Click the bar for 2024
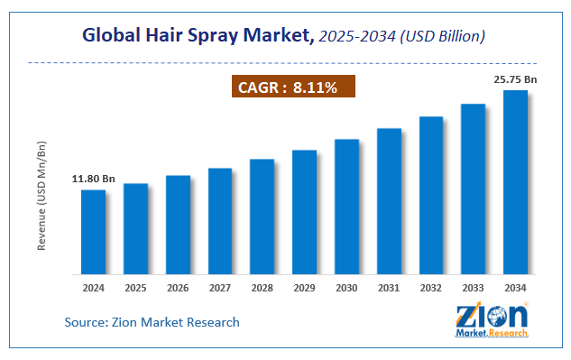pyautogui.click(x=93, y=232)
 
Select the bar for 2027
pyautogui.click(x=219, y=221)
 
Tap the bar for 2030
pyautogui.click(x=346, y=207)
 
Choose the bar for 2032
pyautogui.click(x=430, y=196)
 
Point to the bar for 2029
pyautogui.click(x=304, y=212)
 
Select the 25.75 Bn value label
pyautogui.click(x=515, y=79)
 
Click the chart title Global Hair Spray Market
pyautogui.click(x=198, y=36)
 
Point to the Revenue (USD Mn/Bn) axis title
pyautogui.click(x=42, y=208)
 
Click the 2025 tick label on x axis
pyautogui.click(x=135, y=288)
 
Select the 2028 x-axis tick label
pyautogui.click(x=262, y=288)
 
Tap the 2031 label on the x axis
pyautogui.click(x=389, y=288)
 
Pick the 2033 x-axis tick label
pyautogui.click(x=473, y=288)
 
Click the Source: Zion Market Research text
pyautogui.click(x=152, y=322)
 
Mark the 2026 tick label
pyautogui.click(x=178, y=288)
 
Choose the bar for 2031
pyautogui.click(x=389, y=201)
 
